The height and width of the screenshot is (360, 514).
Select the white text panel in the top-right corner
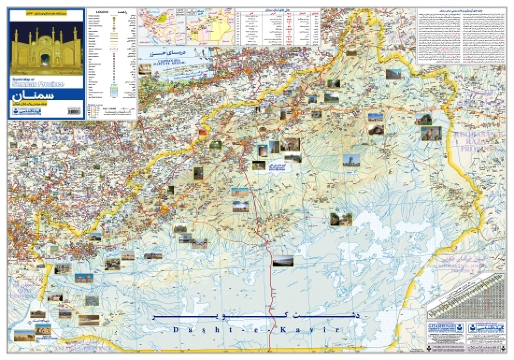[461, 36]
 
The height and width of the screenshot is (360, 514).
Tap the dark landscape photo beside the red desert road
[283, 261]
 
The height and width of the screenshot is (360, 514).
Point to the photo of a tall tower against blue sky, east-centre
[351, 160]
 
